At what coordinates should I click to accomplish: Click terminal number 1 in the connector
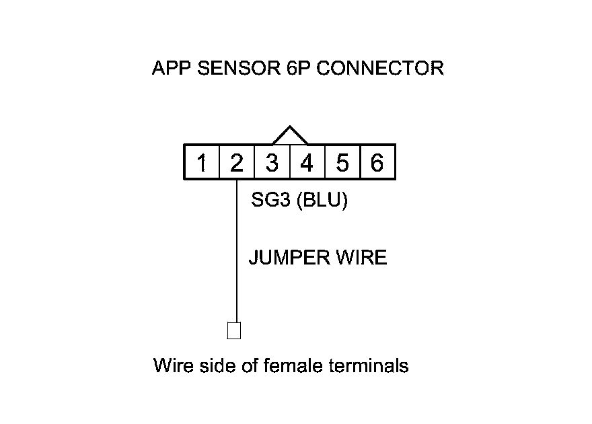click(202, 163)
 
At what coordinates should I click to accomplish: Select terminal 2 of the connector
click(237, 163)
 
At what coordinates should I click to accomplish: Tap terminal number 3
click(272, 163)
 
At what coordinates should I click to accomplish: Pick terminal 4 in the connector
click(307, 163)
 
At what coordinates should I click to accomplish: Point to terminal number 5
click(342, 163)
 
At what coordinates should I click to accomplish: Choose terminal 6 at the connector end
click(377, 163)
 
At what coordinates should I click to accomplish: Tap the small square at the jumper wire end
click(235, 330)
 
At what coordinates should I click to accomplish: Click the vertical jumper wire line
click(237, 256)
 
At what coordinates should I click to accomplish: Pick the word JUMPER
click(285, 258)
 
